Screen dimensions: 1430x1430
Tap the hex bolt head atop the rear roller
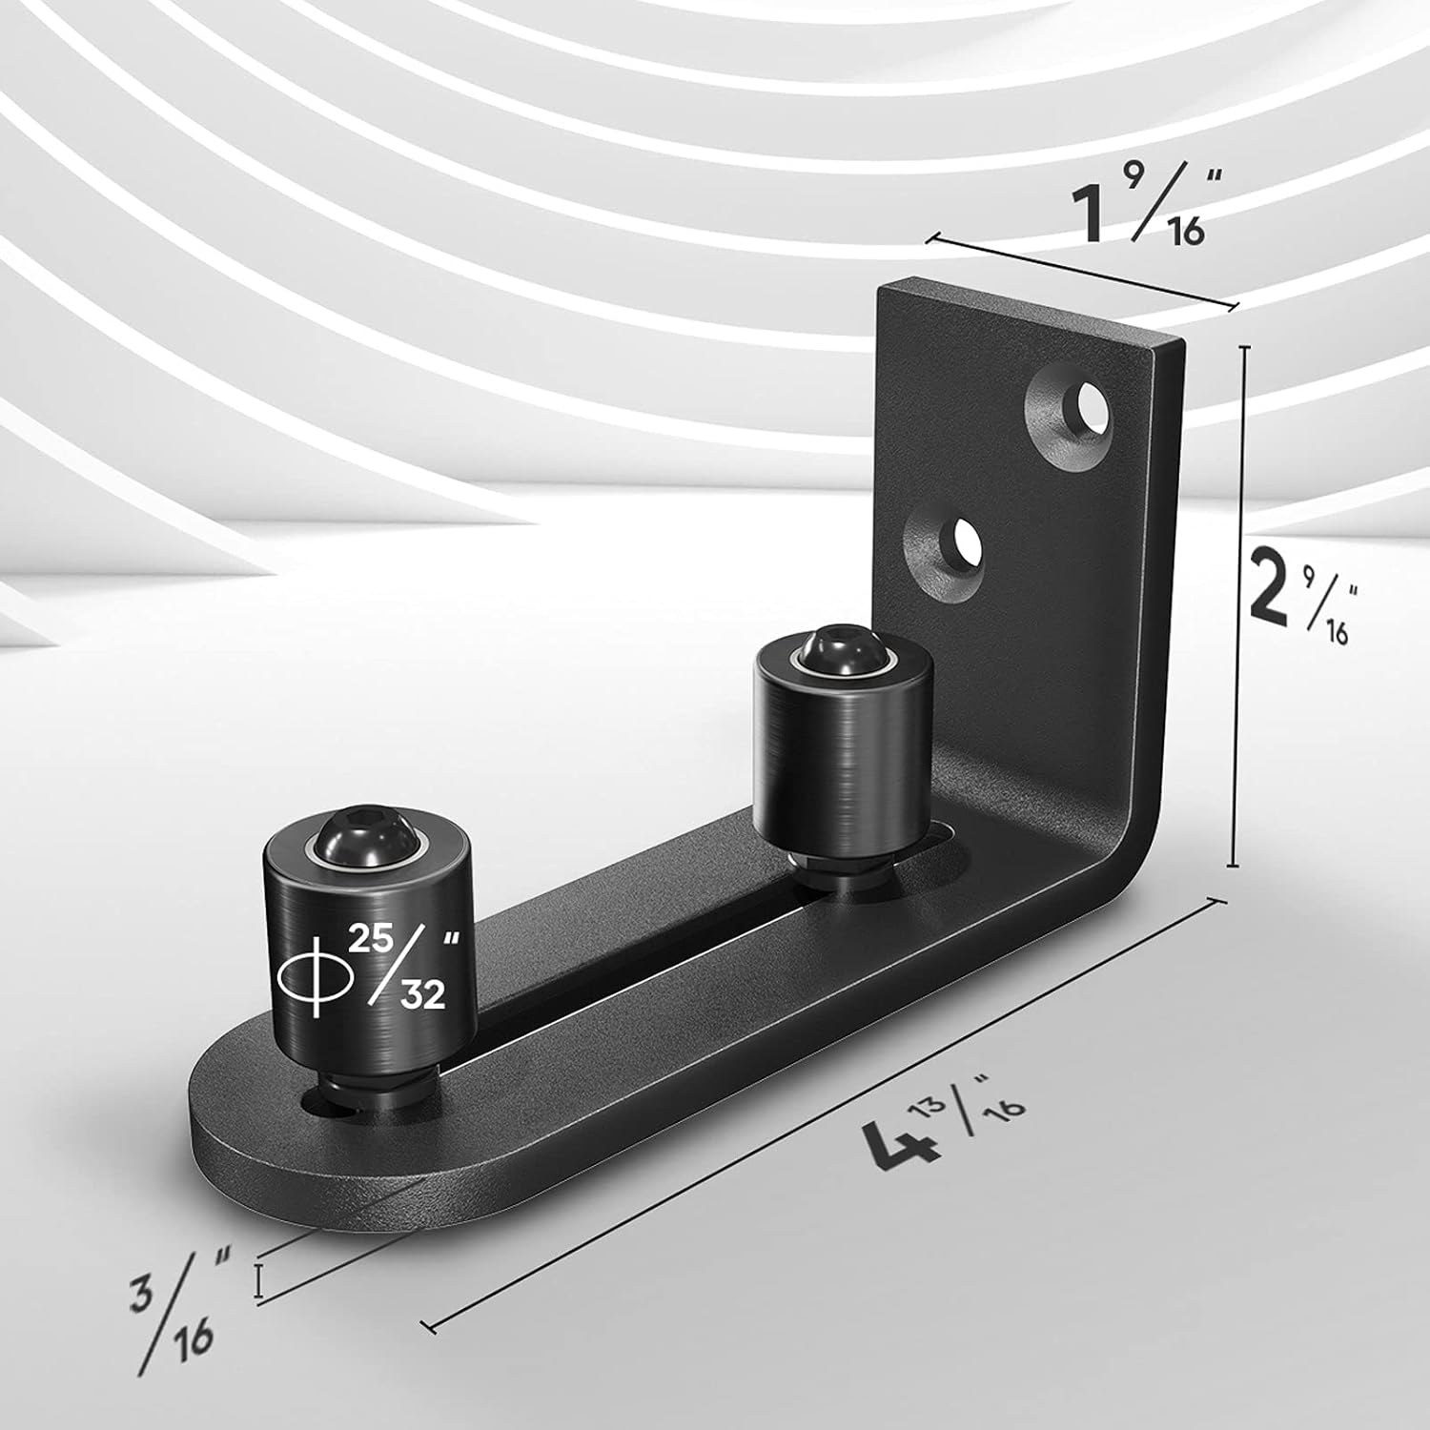pyautogui.click(x=825, y=653)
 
